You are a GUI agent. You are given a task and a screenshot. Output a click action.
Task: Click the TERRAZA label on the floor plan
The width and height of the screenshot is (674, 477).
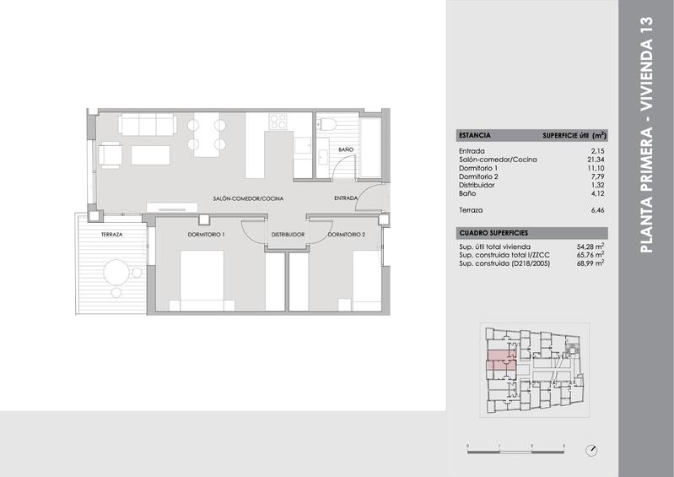(112, 235)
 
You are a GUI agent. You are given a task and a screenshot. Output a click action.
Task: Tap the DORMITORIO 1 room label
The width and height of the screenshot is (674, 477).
(205, 234)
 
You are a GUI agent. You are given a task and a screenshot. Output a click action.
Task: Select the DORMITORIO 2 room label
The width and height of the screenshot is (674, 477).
(347, 234)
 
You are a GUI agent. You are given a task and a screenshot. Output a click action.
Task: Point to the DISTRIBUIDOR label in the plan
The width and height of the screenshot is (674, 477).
(287, 234)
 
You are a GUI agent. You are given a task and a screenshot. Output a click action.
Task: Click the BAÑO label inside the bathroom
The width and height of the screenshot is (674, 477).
(346, 149)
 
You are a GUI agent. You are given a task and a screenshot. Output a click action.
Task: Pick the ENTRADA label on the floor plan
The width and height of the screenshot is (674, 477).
(346, 199)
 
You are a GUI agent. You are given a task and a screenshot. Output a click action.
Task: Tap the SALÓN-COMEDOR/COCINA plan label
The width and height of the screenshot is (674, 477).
(247, 199)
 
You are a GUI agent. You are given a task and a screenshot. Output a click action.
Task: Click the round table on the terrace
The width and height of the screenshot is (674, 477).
(116, 272)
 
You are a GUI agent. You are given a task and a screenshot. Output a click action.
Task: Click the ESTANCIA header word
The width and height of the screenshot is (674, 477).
(474, 135)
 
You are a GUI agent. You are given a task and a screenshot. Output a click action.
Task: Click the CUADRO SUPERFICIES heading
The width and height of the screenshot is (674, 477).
(493, 231)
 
